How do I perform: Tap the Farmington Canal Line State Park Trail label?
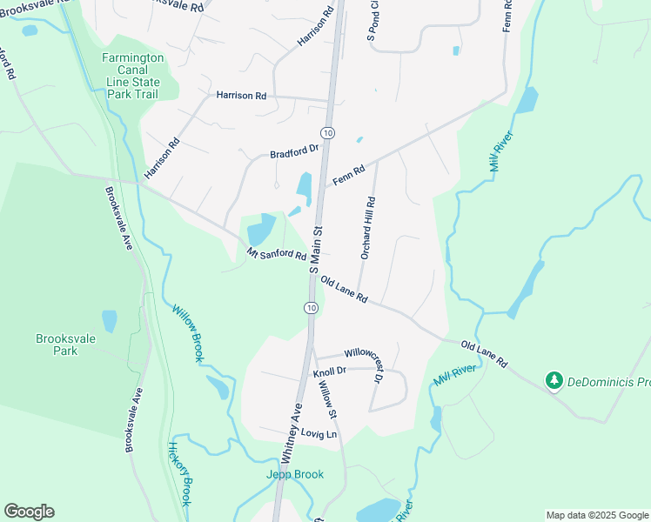133,75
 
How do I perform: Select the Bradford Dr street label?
296,152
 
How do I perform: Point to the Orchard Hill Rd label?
368,228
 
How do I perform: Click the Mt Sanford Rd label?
276,256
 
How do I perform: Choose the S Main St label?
317,248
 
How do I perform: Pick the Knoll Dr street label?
329,371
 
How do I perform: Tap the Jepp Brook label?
295,474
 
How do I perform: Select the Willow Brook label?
188,332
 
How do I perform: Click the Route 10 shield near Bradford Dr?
326,132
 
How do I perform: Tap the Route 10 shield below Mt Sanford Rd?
311,308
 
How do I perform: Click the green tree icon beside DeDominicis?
554,380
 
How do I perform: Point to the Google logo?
29,512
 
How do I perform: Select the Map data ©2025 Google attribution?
597,515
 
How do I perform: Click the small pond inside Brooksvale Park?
109,321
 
